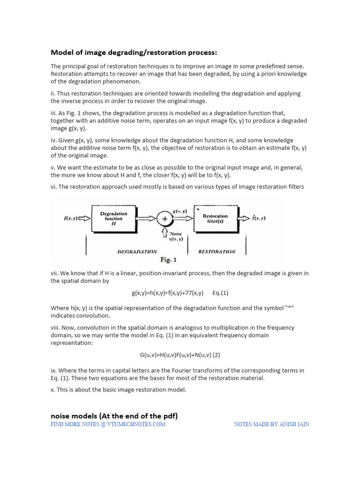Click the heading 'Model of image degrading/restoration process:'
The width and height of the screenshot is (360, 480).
coord(134,52)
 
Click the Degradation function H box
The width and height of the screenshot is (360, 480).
coord(113,218)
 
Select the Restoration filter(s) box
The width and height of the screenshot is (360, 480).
coord(215,219)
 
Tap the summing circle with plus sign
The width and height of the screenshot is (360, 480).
coord(165,219)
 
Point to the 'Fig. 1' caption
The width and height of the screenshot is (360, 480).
coord(168,259)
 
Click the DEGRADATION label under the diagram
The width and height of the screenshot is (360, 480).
coord(137,252)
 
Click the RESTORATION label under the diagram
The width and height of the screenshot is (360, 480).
coord(217,252)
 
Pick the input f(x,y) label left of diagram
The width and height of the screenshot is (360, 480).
coord(71,218)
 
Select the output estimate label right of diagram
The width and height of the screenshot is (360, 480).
coord(257,218)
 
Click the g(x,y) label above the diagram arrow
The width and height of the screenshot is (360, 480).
coord(180,211)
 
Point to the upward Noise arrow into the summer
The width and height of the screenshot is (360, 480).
coord(165,231)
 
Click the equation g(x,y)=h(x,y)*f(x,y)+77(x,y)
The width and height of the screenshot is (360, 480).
coord(167,293)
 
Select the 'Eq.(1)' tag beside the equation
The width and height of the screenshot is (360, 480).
coord(220,293)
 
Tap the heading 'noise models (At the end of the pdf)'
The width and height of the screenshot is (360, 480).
coord(114,416)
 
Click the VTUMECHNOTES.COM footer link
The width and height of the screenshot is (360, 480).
coord(108,424)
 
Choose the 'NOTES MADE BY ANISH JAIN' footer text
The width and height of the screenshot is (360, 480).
coord(271,424)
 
